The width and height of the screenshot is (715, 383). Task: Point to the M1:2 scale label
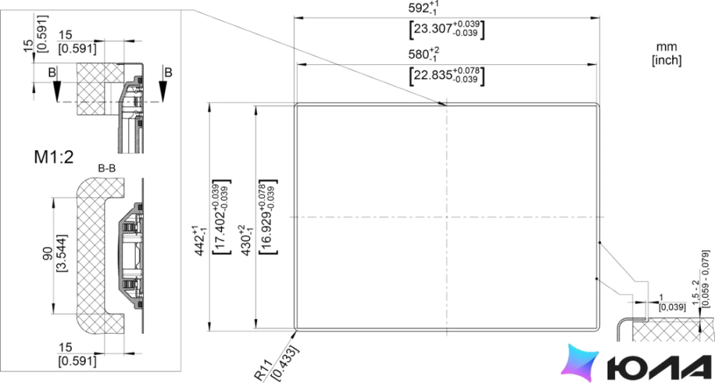pos(54,157)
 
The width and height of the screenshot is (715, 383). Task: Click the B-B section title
pos(107,168)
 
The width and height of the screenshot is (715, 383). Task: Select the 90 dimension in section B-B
pos(47,255)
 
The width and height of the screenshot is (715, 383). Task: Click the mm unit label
pos(666,47)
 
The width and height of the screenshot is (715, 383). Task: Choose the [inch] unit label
pos(666,60)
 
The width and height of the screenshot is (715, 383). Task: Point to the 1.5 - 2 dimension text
pos(696,293)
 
